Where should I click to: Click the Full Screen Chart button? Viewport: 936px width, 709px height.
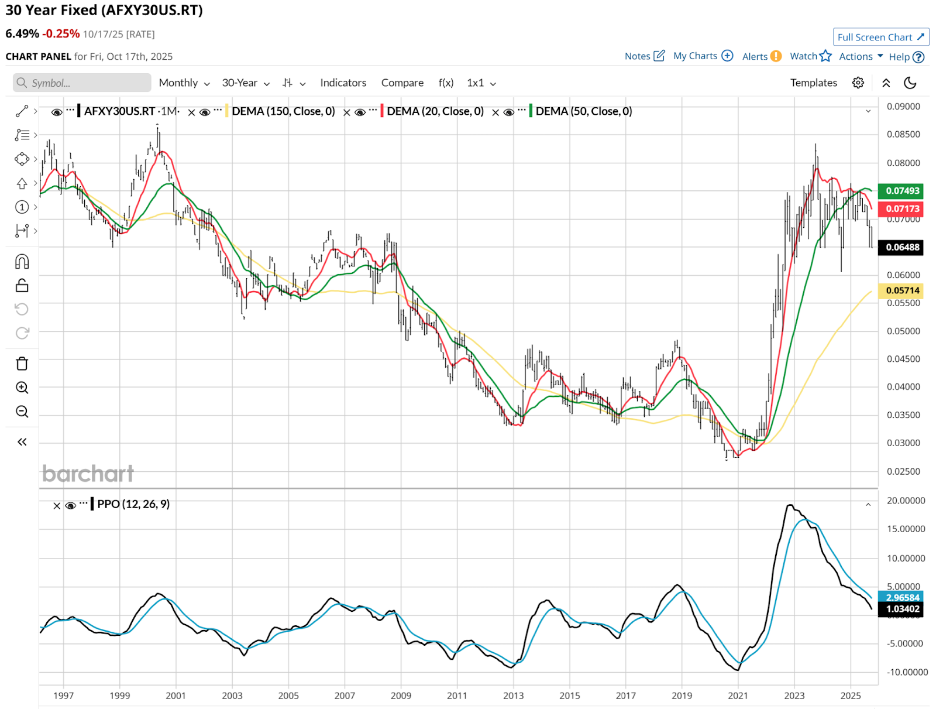[880, 37]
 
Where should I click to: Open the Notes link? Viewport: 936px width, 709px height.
[644, 56]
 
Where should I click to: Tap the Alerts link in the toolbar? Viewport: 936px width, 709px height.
[761, 56]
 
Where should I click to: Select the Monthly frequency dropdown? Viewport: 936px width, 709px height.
[184, 83]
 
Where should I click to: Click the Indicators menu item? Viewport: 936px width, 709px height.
[343, 83]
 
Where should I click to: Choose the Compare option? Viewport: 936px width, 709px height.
[402, 83]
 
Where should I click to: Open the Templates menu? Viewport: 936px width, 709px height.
[813, 83]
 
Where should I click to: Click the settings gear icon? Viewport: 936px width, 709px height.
[858, 83]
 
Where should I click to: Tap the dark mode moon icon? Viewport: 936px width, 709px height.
[910, 83]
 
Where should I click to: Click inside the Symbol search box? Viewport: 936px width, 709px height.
[82, 83]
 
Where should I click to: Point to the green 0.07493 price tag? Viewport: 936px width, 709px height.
[902, 191]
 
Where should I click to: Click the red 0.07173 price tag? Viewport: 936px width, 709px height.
[902, 208]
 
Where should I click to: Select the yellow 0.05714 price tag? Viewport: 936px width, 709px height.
[902, 290]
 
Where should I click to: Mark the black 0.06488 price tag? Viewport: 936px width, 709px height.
[902, 247]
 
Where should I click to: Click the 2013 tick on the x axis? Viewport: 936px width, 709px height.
[513, 696]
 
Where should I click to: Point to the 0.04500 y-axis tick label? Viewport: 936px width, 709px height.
[903, 359]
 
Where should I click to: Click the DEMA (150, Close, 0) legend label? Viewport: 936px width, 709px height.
[283, 111]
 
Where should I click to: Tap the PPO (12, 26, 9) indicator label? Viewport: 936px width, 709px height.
[133, 504]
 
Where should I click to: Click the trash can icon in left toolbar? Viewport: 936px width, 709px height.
[22, 364]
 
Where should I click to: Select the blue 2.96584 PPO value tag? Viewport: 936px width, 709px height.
[902, 597]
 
